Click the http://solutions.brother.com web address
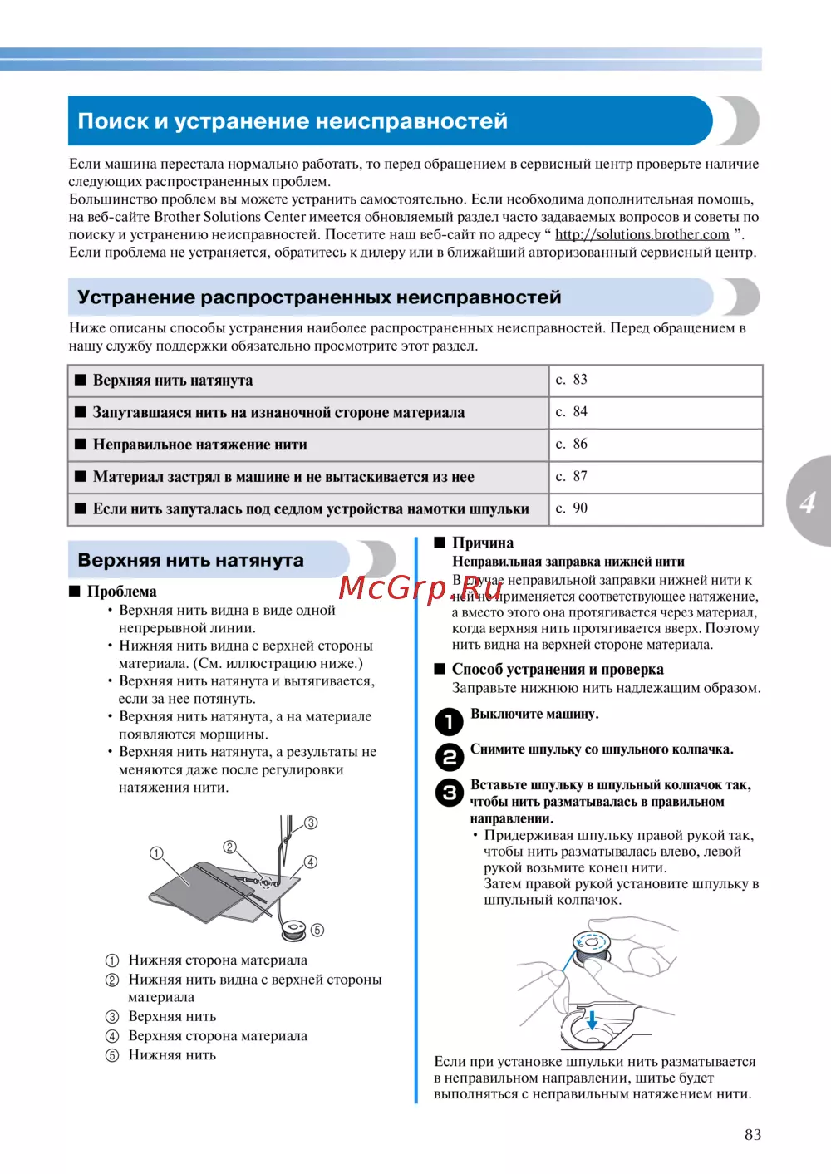click(642, 235)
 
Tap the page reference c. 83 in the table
click(572, 380)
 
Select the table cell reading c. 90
click(572, 508)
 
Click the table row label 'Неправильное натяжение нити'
click(199, 445)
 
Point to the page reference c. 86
click(572, 444)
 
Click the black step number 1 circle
click(450, 721)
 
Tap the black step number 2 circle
click(450, 757)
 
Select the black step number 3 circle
click(450, 793)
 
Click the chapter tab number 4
click(808, 502)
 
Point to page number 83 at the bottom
click(753, 1135)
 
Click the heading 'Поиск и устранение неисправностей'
click(293, 121)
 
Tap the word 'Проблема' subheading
click(121, 592)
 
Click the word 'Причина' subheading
click(482, 543)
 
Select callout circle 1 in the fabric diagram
click(156, 853)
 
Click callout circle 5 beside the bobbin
click(317, 930)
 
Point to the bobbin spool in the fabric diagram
click(294, 928)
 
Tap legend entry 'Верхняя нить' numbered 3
click(172, 1016)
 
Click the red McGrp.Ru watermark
click(420, 587)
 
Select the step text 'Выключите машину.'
click(534, 714)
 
